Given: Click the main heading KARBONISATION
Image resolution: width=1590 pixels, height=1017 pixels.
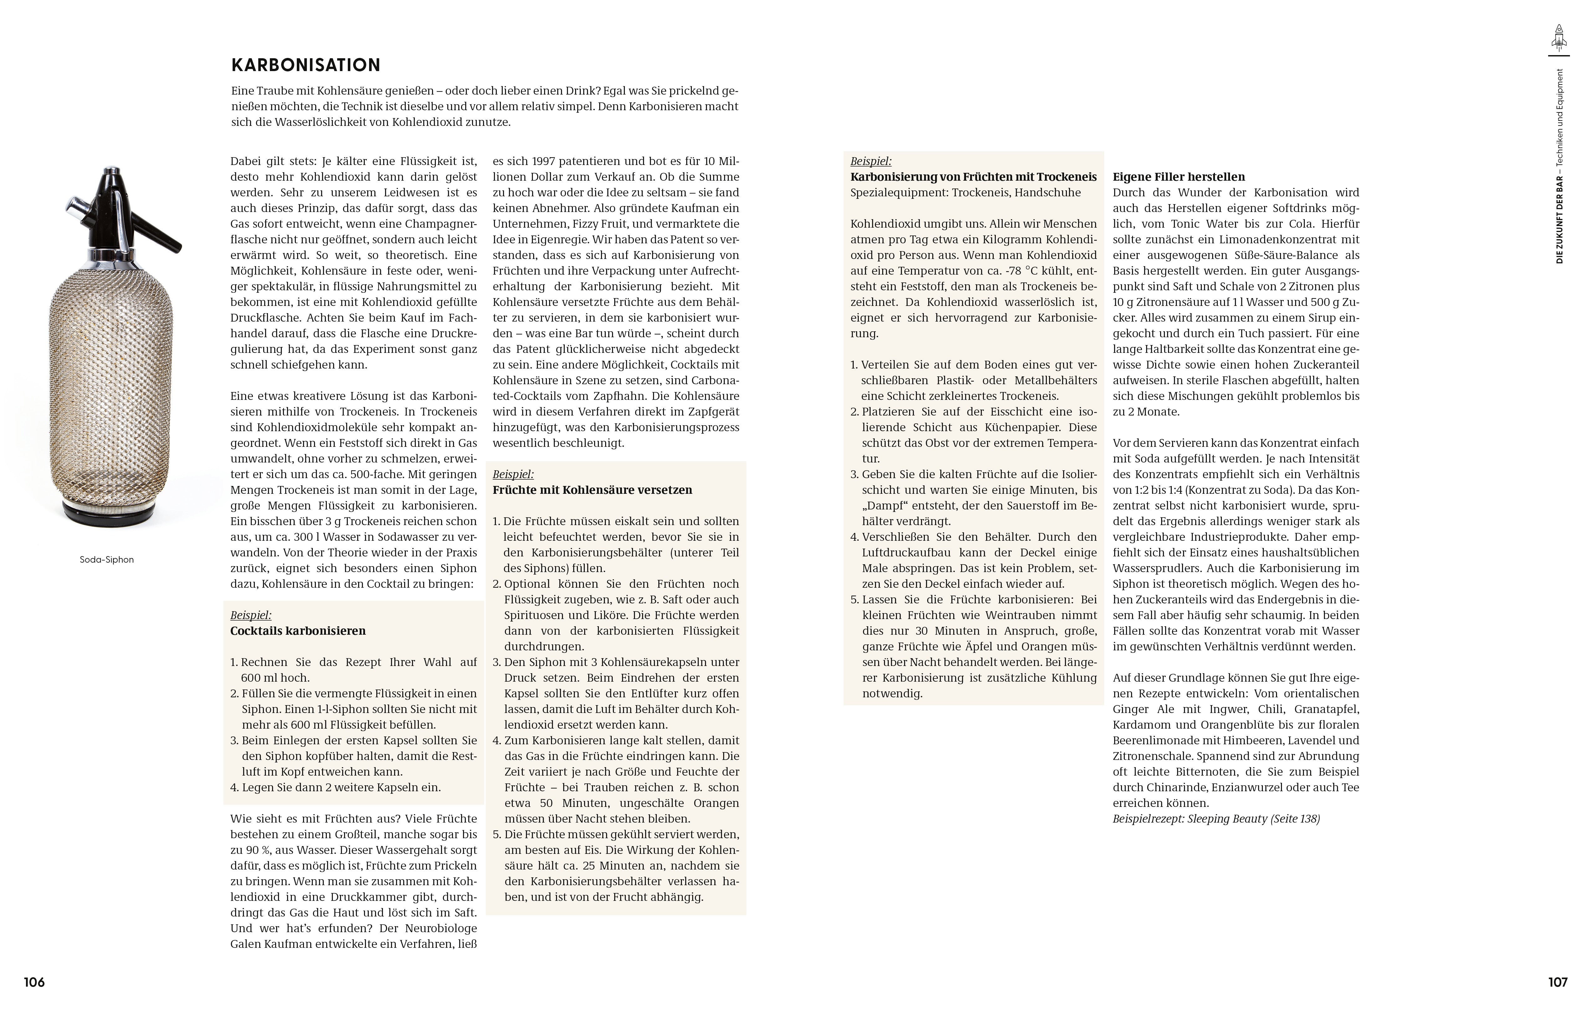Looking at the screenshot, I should click(306, 65).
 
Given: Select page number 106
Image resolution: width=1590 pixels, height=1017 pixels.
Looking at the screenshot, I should click(34, 982).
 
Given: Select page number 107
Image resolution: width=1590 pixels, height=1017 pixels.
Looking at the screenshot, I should click(1558, 982).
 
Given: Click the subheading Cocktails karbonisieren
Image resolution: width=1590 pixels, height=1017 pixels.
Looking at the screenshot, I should click(298, 631).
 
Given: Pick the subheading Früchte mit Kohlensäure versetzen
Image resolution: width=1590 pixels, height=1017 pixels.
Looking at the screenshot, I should click(592, 490).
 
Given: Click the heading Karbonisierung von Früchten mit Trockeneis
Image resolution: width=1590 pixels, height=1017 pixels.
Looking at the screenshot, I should click(973, 177).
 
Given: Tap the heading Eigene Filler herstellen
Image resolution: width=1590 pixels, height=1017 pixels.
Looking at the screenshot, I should click(1179, 177).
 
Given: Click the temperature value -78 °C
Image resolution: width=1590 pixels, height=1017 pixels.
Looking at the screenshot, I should click(1047, 271).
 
